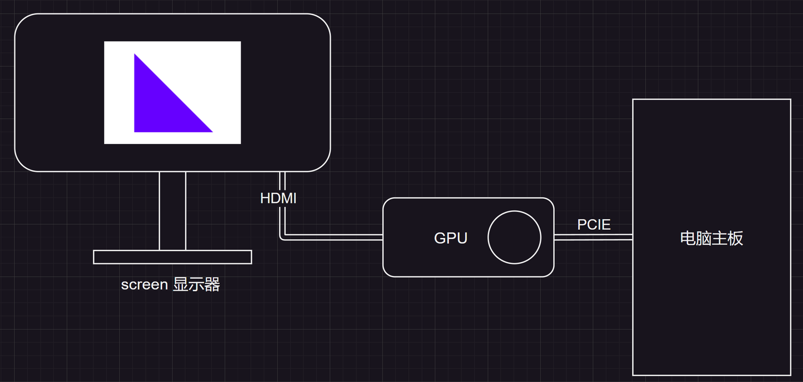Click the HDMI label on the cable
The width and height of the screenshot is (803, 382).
[278, 198]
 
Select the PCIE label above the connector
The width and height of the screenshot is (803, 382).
[594, 225]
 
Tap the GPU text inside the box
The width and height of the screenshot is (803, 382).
[451, 238]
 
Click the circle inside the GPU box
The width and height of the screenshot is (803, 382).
[514, 237]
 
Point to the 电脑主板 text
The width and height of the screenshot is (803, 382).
[712, 238]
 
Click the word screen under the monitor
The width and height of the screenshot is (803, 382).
[144, 284]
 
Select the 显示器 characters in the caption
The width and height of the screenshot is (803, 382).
[196, 284]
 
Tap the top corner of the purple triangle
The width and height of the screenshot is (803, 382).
[135, 55]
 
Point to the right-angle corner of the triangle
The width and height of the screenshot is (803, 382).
[136, 131]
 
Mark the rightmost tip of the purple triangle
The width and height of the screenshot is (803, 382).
[211, 132]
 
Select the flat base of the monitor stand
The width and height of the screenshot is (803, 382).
[172, 257]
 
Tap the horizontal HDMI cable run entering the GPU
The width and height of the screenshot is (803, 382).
[335, 237]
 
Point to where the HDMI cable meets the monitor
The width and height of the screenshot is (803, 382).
[282, 173]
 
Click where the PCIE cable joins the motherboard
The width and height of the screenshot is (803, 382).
[632, 237]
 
